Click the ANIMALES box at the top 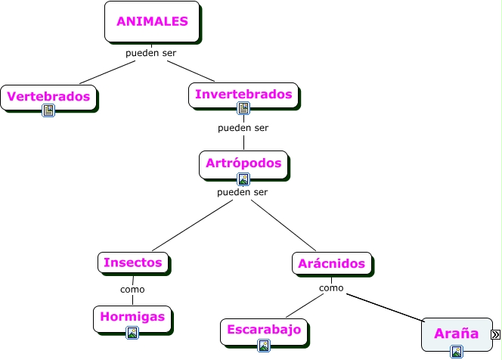(x=152, y=22)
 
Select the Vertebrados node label (x=50, y=96)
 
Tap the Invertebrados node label (x=243, y=95)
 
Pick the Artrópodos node (x=243, y=163)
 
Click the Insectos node (x=133, y=262)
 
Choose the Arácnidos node (x=331, y=263)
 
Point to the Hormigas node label (x=132, y=317)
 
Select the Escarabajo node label (x=264, y=330)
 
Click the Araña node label (x=456, y=333)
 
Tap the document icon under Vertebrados (x=49, y=110)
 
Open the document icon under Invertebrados (x=243, y=108)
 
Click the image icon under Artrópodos (x=243, y=179)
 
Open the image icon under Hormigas (x=132, y=332)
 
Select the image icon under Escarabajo (x=264, y=346)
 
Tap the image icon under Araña (x=457, y=351)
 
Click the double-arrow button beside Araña (x=496, y=334)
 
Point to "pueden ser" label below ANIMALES (x=151, y=54)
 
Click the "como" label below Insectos (x=132, y=289)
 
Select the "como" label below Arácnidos (x=331, y=288)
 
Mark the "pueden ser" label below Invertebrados (x=243, y=128)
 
